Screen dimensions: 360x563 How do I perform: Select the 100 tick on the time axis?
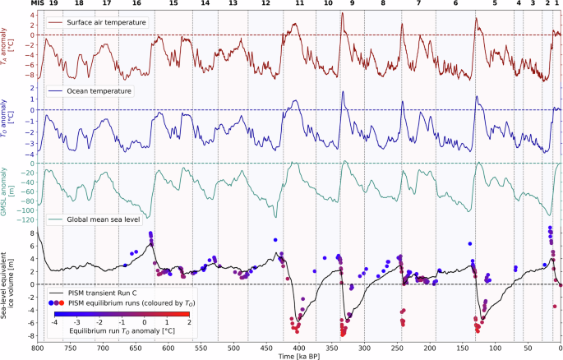point(495,348)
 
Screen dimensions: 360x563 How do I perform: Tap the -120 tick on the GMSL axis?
point(24,221)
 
